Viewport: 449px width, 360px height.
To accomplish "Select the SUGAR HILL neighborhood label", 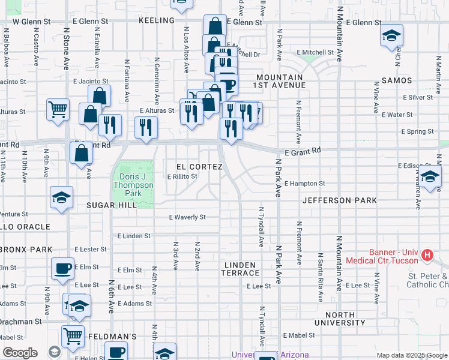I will pos(112,205).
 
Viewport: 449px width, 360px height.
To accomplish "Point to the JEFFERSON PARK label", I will pos(340,200).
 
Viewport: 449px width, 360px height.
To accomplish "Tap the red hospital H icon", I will pos(427,256).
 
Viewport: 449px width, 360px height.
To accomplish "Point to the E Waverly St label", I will pos(187,217).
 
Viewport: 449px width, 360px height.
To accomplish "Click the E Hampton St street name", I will pos(305,184).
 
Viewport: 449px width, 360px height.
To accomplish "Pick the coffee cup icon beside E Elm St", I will pos(62,268).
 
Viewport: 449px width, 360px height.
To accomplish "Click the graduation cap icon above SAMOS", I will pos(391,37).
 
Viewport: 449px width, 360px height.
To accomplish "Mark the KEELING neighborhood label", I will pos(156,20).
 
